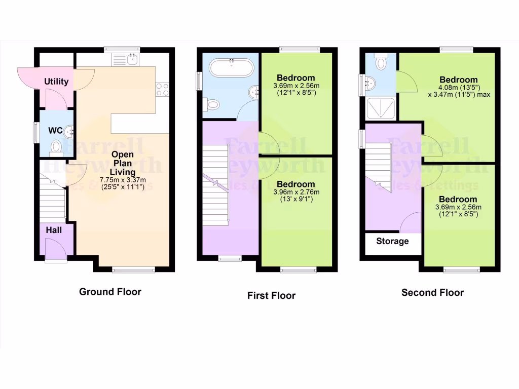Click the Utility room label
click(x=56, y=82)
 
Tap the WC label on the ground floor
click(x=55, y=131)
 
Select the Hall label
click(x=54, y=230)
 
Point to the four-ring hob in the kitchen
click(x=162, y=90)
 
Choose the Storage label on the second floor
click(x=392, y=241)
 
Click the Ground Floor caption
click(x=110, y=292)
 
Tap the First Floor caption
click(x=271, y=295)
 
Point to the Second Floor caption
click(x=432, y=292)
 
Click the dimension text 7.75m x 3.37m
click(x=123, y=180)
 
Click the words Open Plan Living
click(x=123, y=163)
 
